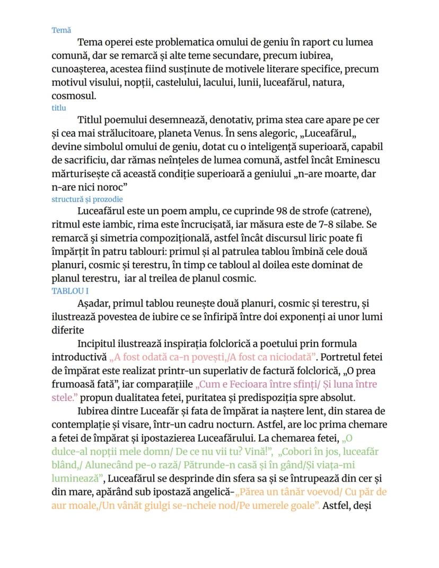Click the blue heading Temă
[61, 30]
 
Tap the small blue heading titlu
[58, 108]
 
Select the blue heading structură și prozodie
[87, 199]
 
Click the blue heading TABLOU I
[70, 291]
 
